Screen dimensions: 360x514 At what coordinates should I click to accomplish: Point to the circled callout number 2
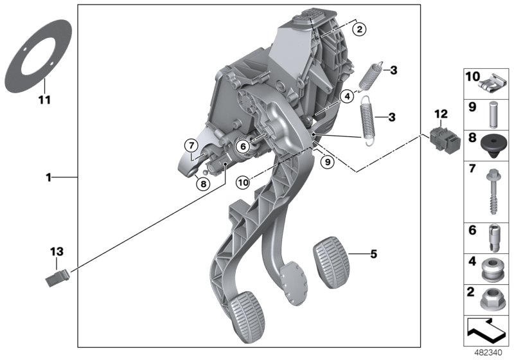[x=359, y=29]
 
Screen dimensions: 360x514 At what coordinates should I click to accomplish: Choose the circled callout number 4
[x=347, y=96]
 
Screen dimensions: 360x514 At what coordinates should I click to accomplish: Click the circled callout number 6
[x=244, y=147]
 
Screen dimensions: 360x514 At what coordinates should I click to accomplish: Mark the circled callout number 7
[x=191, y=146]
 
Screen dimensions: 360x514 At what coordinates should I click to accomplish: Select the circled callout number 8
[x=203, y=183]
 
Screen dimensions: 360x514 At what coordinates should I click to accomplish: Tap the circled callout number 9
[x=327, y=163]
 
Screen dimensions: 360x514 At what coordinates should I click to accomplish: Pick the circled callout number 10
[x=242, y=183]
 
